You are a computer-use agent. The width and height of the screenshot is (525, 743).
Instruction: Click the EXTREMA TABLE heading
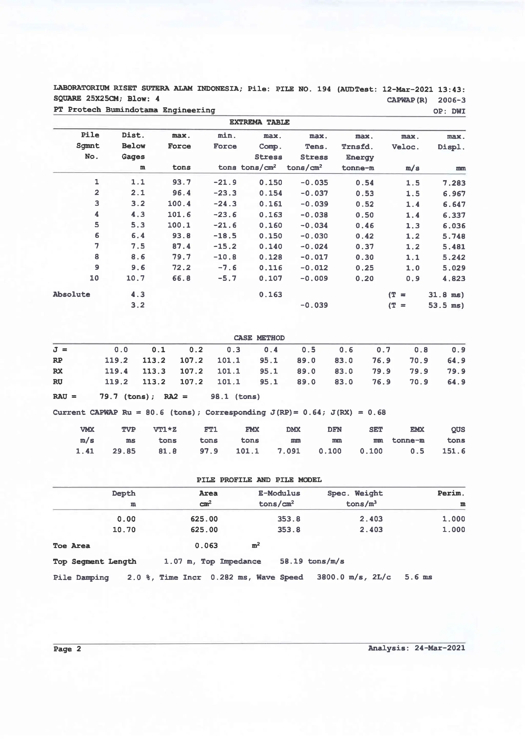click(259, 122)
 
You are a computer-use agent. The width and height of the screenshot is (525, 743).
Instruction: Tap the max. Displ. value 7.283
click(454, 183)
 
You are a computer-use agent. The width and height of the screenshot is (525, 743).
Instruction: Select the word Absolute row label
click(72, 294)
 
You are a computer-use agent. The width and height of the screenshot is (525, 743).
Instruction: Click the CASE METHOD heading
click(259, 338)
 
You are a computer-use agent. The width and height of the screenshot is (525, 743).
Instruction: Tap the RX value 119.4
click(116, 371)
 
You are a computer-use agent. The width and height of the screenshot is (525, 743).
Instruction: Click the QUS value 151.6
click(453, 451)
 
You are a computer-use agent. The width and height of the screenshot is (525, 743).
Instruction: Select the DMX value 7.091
click(289, 451)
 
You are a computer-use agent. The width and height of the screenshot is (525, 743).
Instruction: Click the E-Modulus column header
click(279, 493)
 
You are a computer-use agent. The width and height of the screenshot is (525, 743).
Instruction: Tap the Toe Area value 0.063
click(206, 546)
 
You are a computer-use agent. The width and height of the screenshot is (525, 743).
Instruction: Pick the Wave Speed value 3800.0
click(330, 577)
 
